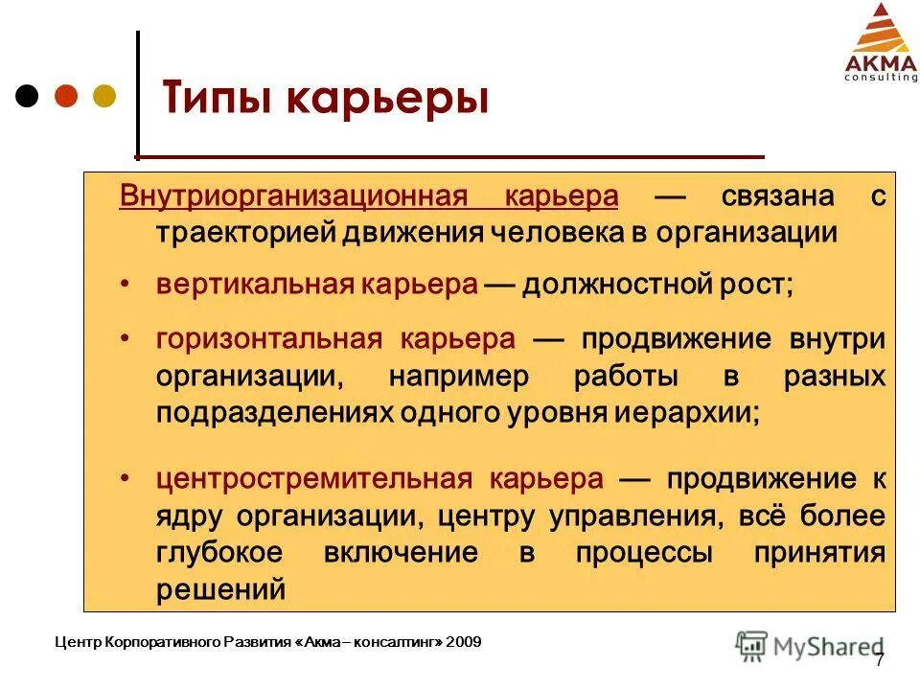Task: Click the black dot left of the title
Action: pos(28,96)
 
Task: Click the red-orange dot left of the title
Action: pos(65,96)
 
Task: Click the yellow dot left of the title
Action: pos(103,96)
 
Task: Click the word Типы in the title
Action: pos(219,101)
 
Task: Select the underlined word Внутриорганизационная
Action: pos(292,196)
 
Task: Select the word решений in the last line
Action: pos(220,588)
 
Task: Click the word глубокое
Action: pos(220,552)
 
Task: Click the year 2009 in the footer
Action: pos(464,640)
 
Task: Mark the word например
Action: pos(458,376)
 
